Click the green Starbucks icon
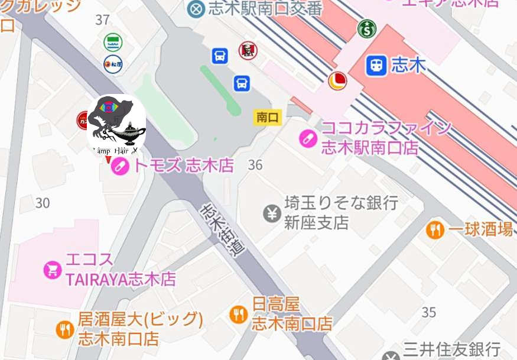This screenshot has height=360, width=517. (367, 28)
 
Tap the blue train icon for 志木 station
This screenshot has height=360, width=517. (376, 65)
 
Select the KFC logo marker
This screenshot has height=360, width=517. (248, 51)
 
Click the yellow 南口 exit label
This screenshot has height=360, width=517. (267, 117)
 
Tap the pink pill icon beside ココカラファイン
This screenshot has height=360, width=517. (307, 138)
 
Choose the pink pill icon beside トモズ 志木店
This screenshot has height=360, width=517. (120, 166)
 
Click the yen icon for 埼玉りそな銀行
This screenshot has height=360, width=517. (272, 213)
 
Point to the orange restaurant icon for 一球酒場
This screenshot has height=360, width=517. (435, 230)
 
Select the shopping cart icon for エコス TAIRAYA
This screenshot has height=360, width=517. (53, 270)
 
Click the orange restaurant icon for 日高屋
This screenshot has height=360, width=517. (239, 314)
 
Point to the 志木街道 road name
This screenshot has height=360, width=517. (222, 230)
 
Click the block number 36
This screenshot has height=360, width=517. (255, 165)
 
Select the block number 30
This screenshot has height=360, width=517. (43, 203)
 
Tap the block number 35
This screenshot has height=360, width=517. (429, 312)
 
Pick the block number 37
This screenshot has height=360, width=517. (102, 20)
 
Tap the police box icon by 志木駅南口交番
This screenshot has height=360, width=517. (196, 8)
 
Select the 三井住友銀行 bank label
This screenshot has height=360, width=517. (452, 349)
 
